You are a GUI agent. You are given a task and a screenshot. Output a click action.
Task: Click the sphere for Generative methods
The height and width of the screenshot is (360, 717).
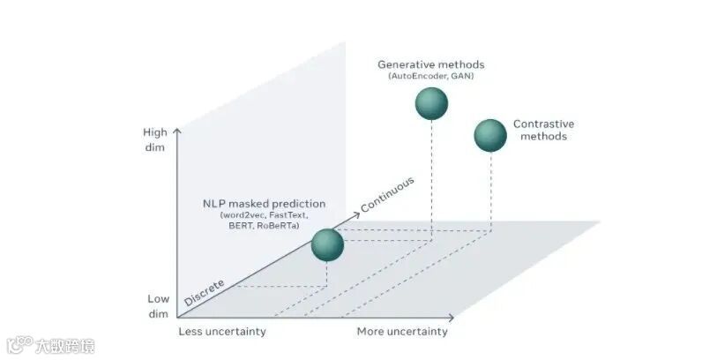tap(431, 104)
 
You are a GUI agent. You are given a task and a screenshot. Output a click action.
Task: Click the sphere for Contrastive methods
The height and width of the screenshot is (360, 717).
tap(490, 135)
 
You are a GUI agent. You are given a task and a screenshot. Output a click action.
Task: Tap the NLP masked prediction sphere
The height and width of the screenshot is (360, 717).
tap(327, 244)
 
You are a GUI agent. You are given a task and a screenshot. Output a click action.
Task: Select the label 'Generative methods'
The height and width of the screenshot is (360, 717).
tap(430, 64)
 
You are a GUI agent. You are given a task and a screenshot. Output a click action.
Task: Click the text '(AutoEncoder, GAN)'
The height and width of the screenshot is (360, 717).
tap(430, 77)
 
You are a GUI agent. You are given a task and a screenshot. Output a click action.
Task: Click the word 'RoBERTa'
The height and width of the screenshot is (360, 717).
tap(279, 227)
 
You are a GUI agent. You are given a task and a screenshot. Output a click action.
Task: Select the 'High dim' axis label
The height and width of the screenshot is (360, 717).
tap(155, 139)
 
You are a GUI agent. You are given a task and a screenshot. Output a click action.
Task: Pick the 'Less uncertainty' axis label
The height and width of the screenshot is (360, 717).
tap(222, 332)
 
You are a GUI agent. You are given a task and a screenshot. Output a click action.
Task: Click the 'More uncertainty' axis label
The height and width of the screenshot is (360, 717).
tap(401, 332)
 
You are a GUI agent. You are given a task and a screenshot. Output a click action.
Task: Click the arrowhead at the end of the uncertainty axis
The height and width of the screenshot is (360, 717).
tap(452, 317)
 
